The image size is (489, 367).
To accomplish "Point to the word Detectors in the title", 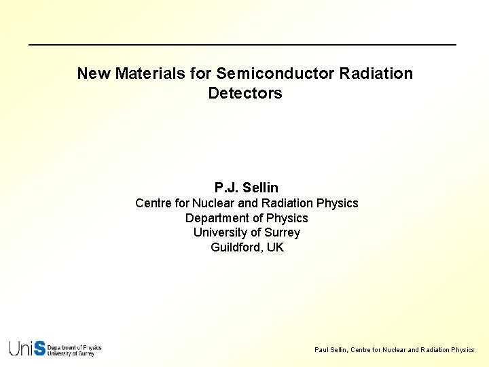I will click(x=245, y=93).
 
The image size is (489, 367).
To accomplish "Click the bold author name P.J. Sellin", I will click(x=247, y=188).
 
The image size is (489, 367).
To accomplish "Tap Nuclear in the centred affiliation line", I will click(x=214, y=203).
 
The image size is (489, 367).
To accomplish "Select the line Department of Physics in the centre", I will click(x=247, y=218).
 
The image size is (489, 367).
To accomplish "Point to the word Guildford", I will click(x=237, y=247).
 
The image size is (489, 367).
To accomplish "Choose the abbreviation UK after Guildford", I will click(x=275, y=247).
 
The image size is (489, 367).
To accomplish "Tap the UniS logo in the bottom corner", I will click(x=55, y=349).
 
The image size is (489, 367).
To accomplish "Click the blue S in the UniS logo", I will click(x=39, y=349).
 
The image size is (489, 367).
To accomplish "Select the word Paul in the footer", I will click(x=321, y=350).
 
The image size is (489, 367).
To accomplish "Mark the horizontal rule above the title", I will click(x=242, y=45).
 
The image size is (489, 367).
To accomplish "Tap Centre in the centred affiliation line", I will click(x=153, y=203).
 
